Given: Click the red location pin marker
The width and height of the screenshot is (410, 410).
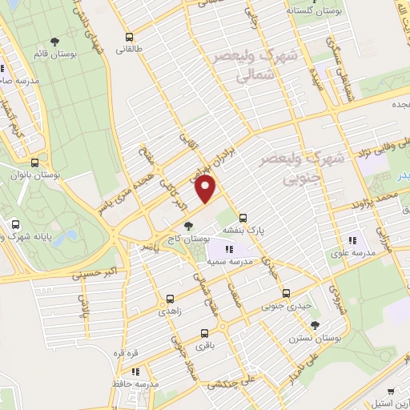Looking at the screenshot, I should [206, 189].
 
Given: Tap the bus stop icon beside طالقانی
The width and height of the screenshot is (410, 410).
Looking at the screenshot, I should [129, 37].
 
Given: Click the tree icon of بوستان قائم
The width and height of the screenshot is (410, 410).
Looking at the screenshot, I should [54, 42].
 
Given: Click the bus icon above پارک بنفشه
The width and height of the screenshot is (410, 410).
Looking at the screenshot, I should [243, 216].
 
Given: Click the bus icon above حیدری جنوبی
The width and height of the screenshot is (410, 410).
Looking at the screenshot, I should [286, 293].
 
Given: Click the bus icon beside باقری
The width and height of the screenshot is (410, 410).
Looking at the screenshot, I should [206, 333].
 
